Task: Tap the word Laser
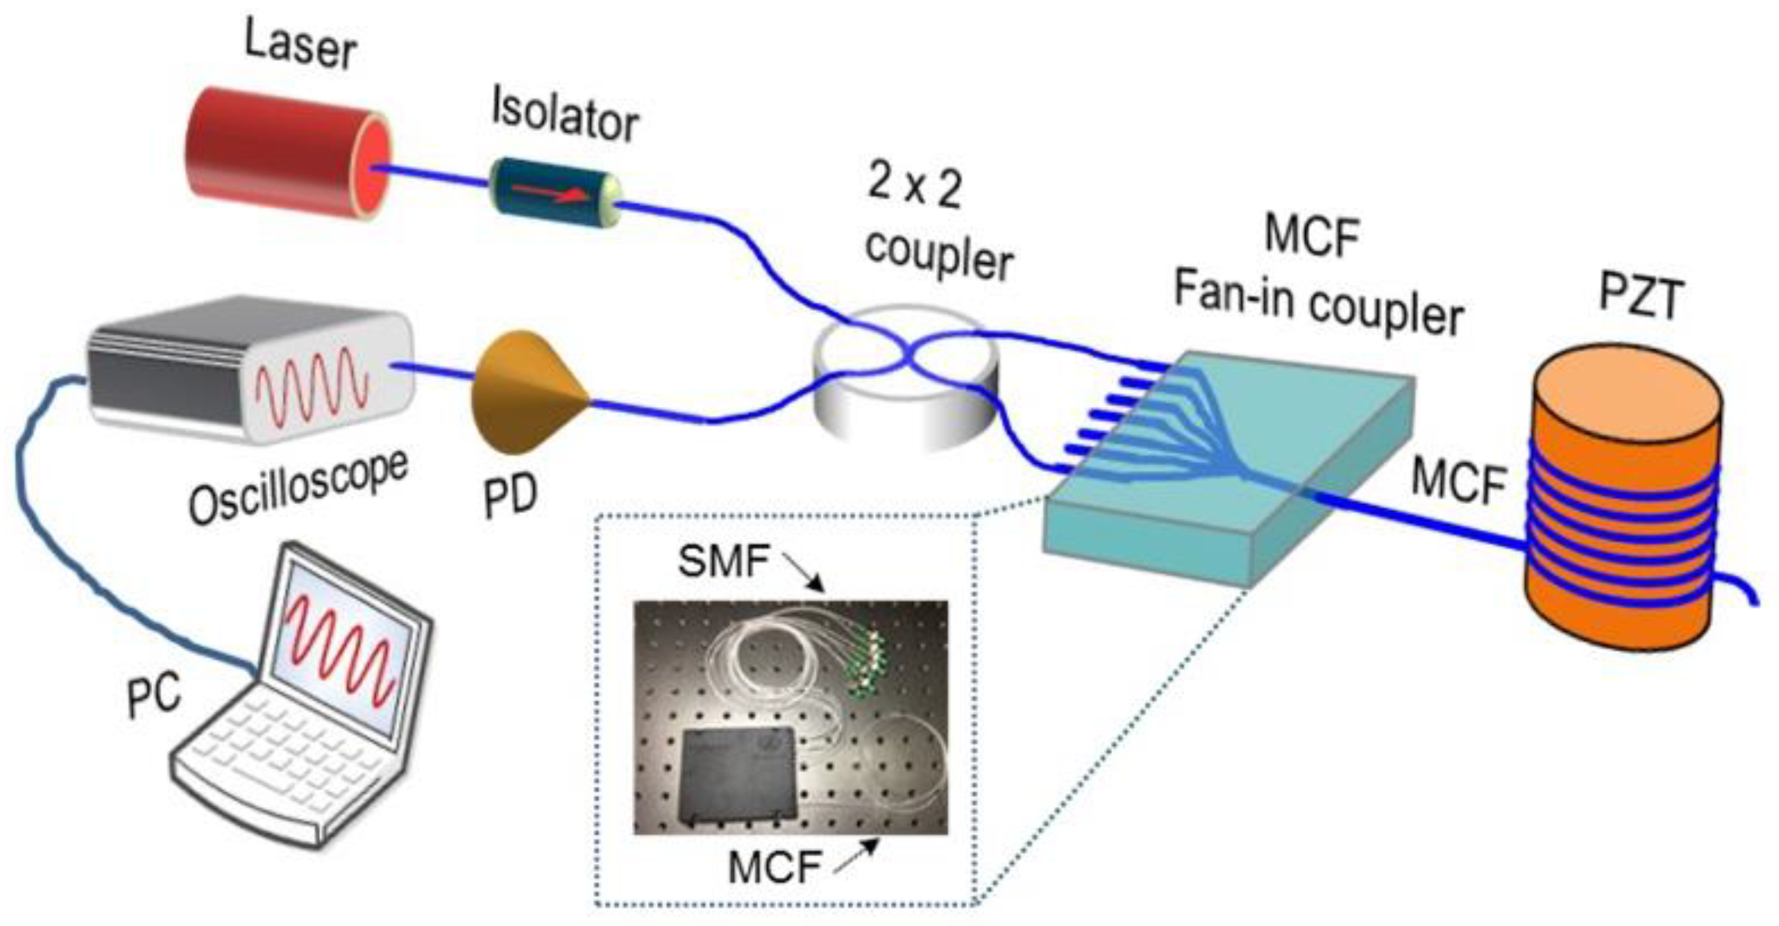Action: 301,46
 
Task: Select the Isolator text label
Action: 565,117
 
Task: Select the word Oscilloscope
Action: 298,487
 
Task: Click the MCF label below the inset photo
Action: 774,867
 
